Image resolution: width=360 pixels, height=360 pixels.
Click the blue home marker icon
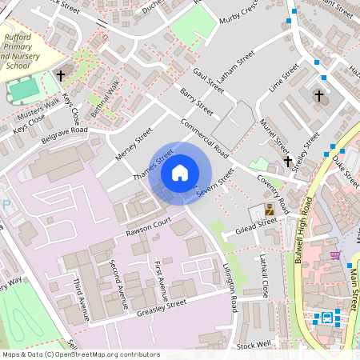pos(180,172)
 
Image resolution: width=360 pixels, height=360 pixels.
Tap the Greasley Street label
pos(161,306)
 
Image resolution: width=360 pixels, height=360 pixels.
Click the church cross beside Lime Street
pos(318,96)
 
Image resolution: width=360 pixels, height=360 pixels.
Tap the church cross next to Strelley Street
pos(287,161)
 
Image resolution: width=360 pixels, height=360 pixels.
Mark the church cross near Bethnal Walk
pos(60,76)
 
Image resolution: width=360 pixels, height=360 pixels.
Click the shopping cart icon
pos(335,255)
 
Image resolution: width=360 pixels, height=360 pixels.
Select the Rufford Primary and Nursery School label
pos(23,52)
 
